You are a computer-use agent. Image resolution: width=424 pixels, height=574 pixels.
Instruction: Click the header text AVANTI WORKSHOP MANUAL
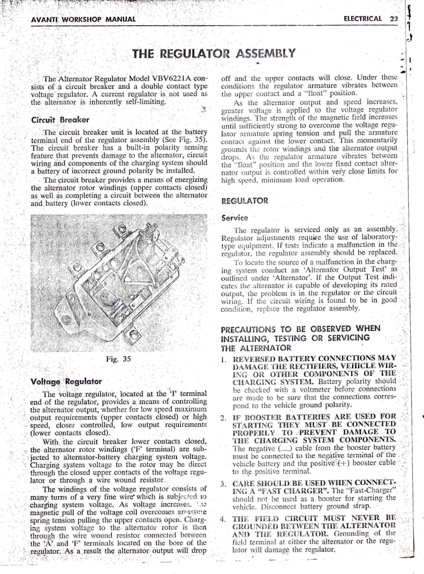point(84,19)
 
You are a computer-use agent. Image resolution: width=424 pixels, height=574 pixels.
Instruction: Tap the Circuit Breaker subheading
point(60,120)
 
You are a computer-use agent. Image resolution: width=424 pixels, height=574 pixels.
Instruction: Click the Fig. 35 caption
point(118,359)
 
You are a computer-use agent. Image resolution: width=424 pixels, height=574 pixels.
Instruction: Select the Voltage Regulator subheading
point(66,382)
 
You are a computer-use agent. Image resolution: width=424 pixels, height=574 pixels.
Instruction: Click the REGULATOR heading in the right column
point(245,201)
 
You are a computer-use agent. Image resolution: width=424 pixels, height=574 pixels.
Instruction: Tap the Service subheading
point(234,218)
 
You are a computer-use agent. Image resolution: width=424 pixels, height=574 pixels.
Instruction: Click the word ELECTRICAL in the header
point(362,19)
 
